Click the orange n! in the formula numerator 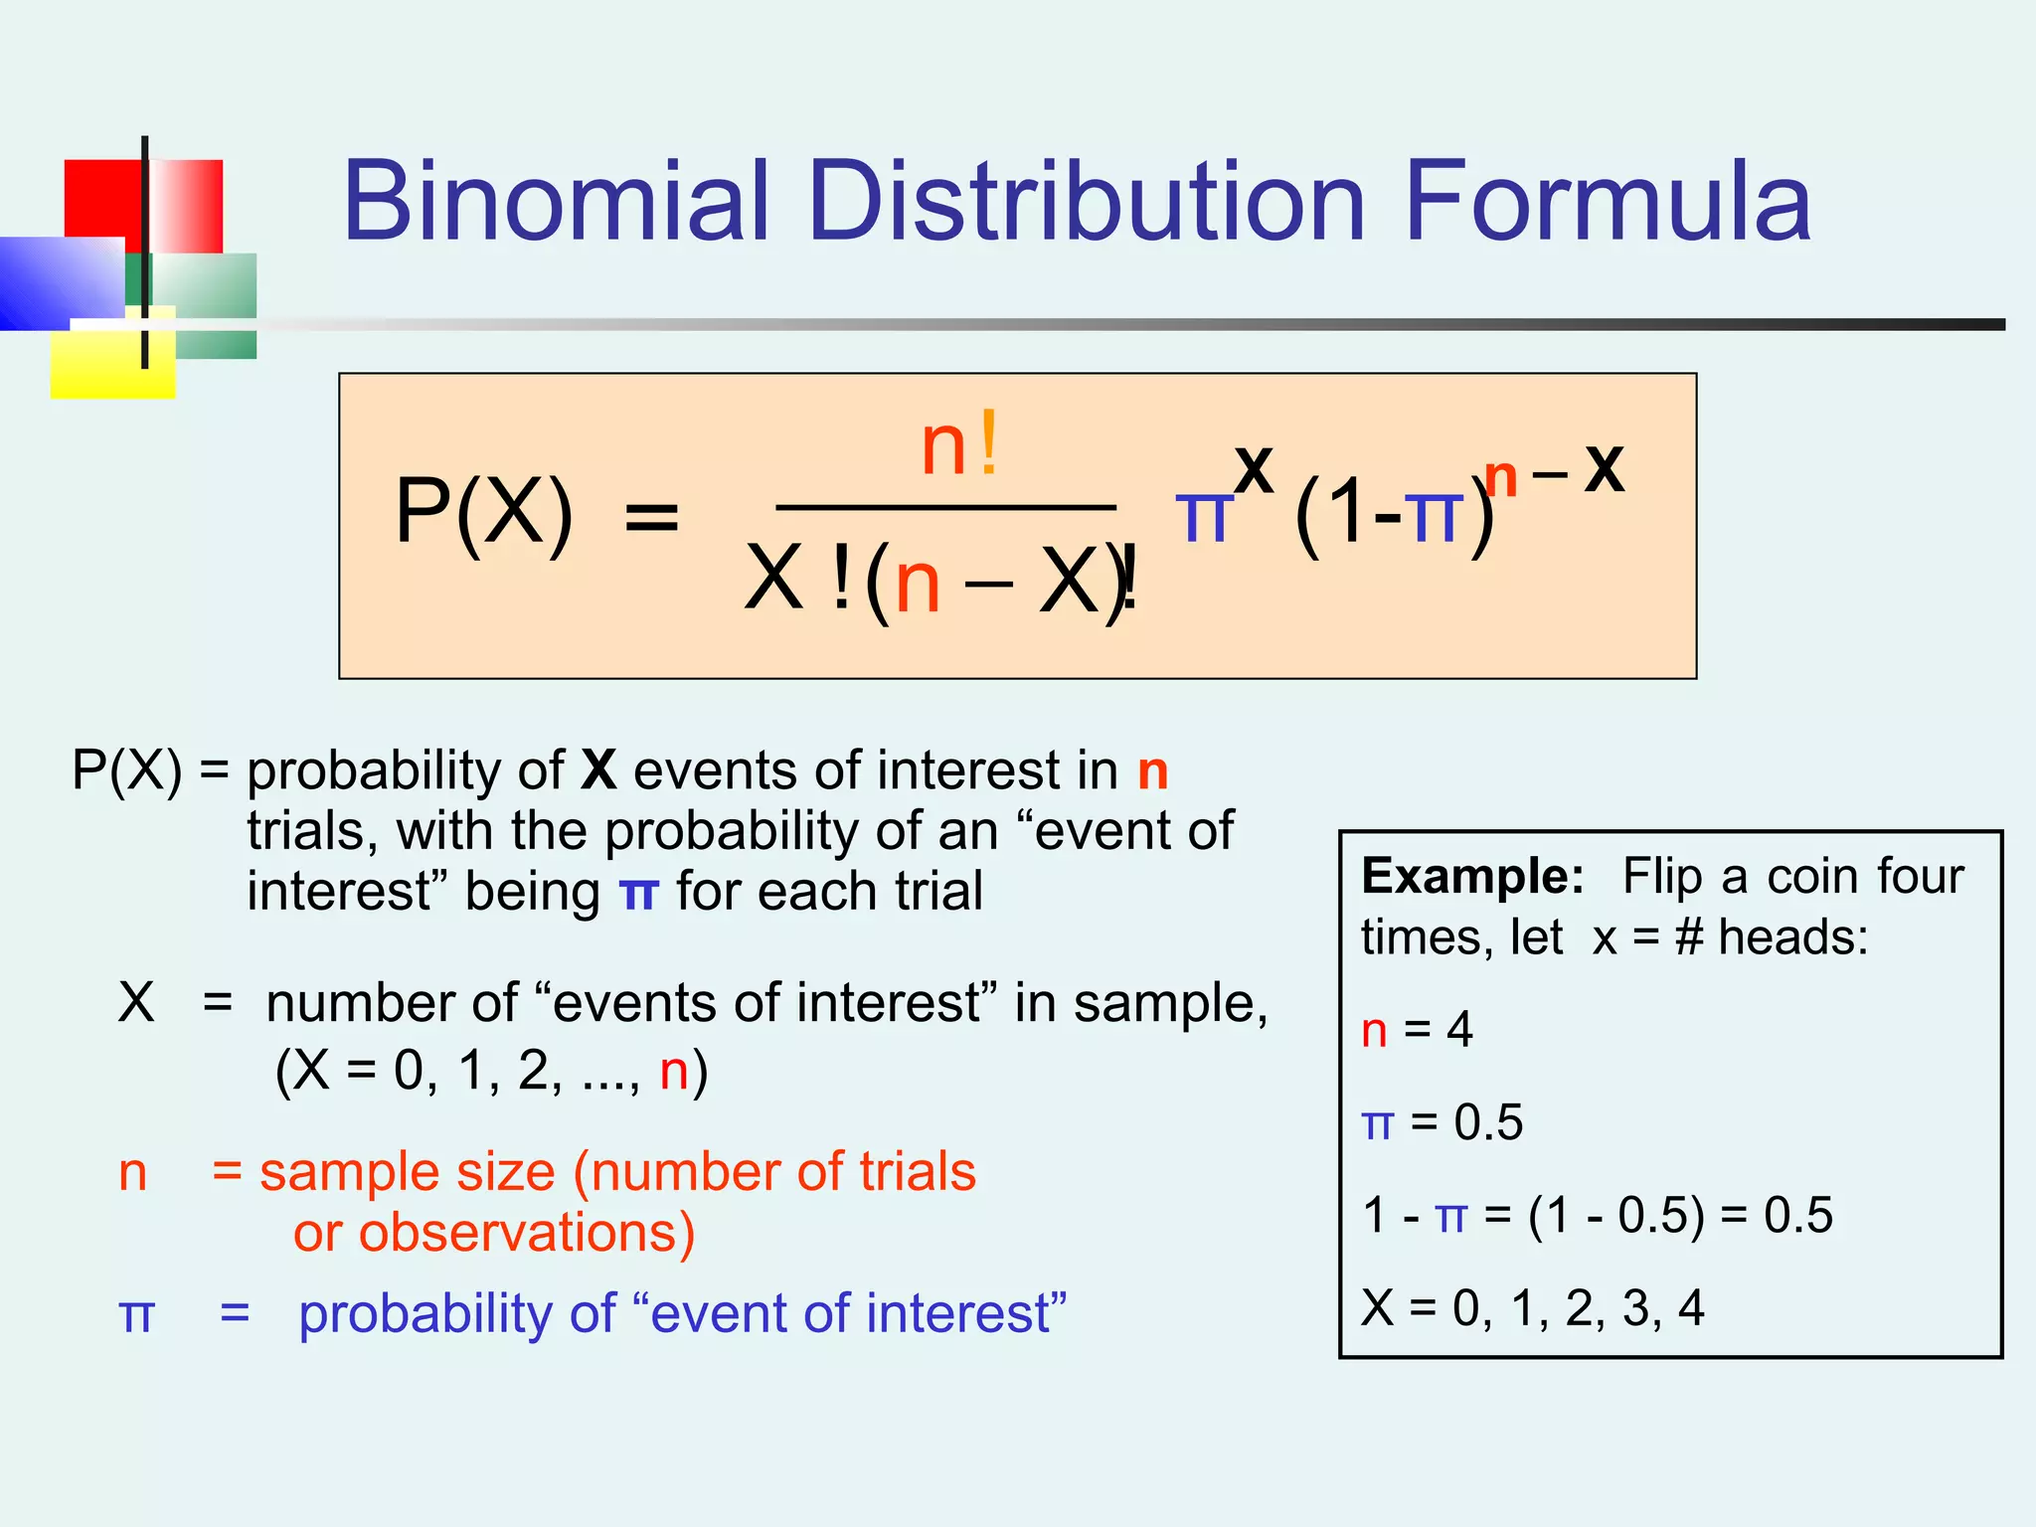pyautogui.click(x=959, y=447)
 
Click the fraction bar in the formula pyautogui.click(x=944, y=507)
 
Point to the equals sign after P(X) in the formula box pyautogui.click(x=651, y=518)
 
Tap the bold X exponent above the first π pyautogui.click(x=1254, y=470)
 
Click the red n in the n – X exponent pyautogui.click(x=1500, y=478)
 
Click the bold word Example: pyautogui.click(x=1472, y=877)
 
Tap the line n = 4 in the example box pyautogui.click(x=1417, y=1030)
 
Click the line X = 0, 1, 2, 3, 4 pyautogui.click(x=1532, y=1308)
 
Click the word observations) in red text pyautogui.click(x=527, y=1233)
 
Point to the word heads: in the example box pyautogui.click(x=1793, y=937)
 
